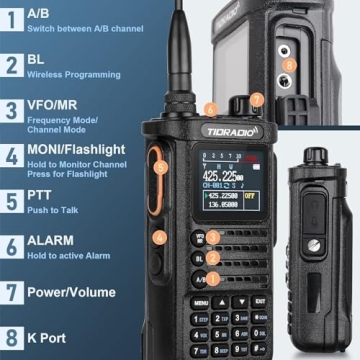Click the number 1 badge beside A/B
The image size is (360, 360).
click(x=12, y=17)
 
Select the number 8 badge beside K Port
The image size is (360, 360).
click(x=12, y=339)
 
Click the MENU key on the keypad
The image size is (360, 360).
click(x=201, y=301)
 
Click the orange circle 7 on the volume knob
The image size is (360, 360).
click(x=257, y=99)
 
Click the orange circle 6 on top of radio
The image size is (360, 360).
click(x=210, y=108)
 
